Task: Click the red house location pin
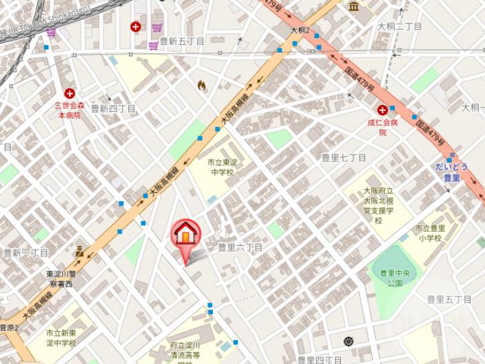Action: click(185, 236)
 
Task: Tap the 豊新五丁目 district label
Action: click(182, 41)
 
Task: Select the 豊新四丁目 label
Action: click(113, 108)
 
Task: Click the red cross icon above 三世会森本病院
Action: click(70, 93)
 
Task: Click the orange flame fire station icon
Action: click(202, 85)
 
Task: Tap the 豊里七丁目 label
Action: click(344, 158)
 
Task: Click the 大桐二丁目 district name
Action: click(400, 26)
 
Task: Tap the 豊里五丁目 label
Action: click(448, 299)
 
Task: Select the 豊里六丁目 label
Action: click(240, 247)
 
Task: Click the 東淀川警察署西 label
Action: click(63, 279)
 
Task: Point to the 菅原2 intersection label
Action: click(9, 327)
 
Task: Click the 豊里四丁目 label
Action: click(320, 359)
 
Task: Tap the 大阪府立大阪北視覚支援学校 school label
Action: click(378, 205)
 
